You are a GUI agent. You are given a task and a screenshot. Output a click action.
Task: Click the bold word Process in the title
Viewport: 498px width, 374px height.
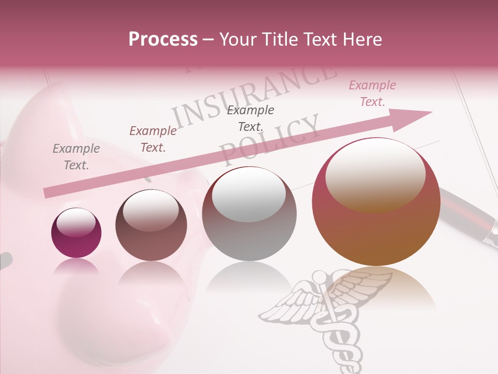(x=163, y=39)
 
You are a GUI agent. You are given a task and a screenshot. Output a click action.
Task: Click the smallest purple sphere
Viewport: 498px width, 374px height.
(x=76, y=233)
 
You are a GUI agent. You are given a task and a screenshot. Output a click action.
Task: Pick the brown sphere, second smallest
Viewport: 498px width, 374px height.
(x=151, y=225)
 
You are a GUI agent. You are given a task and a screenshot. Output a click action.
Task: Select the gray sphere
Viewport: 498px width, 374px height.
(x=250, y=213)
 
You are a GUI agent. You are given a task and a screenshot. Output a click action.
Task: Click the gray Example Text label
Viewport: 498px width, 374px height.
(x=76, y=157)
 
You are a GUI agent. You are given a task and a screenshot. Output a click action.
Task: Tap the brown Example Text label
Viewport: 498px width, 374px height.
(x=153, y=139)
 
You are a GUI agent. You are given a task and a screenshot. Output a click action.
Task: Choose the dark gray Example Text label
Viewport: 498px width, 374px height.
(x=251, y=118)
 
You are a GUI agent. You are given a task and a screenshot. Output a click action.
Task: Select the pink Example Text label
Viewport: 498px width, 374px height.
(x=372, y=94)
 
